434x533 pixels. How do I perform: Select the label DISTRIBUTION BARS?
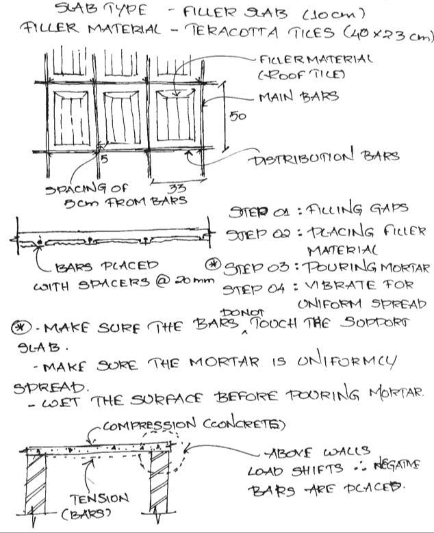point(326,157)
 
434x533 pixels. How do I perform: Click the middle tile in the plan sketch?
point(125,120)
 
